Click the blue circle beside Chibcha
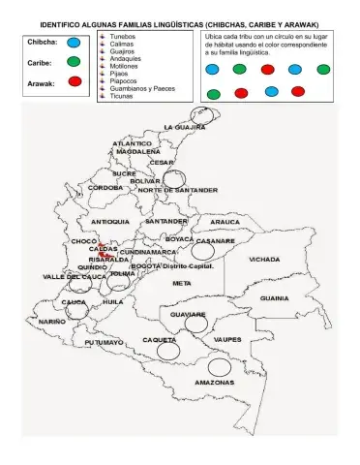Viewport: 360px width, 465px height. coord(74,44)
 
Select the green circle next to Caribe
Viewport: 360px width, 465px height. coord(74,63)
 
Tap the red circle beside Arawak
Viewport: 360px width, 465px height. coord(74,84)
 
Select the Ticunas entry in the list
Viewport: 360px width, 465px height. coord(122,97)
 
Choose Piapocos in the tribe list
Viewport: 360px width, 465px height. coord(125,79)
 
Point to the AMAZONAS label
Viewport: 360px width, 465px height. coord(214,382)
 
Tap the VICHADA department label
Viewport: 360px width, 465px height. coord(264,260)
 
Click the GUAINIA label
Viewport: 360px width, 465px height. coord(274,298)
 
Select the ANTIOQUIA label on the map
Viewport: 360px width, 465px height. coord(110,222)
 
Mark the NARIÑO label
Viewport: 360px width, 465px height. coord(52,321)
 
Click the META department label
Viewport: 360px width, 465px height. coord(182,283)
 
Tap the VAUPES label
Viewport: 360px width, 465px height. coord(226,340)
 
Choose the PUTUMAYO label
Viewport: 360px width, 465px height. coord(104,342)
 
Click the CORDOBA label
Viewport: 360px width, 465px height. coord(92,188)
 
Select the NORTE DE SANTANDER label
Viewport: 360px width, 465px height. coord(178,191)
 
